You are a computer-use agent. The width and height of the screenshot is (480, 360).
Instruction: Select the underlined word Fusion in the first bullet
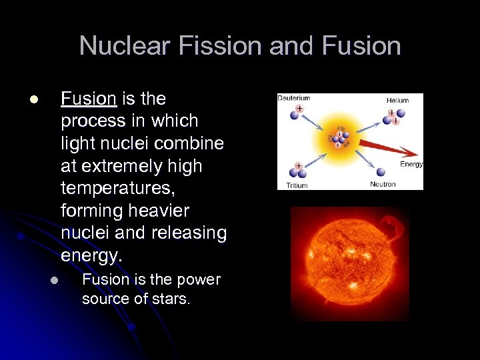pos(89,99)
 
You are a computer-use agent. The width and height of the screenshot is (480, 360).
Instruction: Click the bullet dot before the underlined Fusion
pos(33,100)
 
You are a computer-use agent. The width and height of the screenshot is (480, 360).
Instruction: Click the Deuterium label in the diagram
pos(294,99)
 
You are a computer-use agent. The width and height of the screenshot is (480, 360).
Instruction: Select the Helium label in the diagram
pos(397,100)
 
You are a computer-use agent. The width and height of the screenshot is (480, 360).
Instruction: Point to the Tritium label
pos(297,185)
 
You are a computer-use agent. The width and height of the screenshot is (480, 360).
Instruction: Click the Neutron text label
pos(383,184)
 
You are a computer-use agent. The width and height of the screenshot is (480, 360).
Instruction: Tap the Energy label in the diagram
pos(411,164)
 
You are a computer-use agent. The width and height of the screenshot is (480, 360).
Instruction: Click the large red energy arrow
pos(387,150)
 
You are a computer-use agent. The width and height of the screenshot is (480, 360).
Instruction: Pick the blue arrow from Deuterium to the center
pos(313,124)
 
